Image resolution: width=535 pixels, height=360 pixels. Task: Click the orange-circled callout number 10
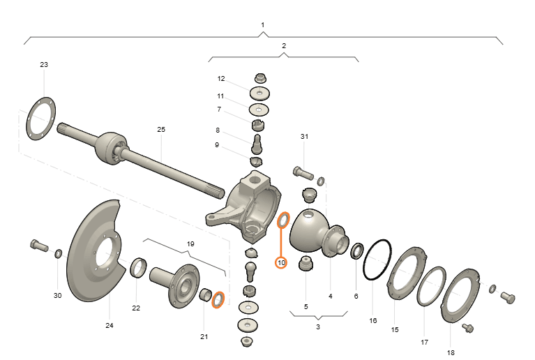[x=281, y=263]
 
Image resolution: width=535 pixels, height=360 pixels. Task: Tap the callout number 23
[x=44, y=64]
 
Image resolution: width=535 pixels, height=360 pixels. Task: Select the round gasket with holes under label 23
[x=41, y=119]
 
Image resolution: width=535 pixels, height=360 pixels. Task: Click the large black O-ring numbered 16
[x=377, y=260]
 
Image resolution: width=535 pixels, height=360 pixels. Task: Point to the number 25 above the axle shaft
[x=161, y=129]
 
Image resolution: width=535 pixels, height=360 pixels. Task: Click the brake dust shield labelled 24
[x=96, y=250]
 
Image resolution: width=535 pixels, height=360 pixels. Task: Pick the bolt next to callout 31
[x=303, y=172]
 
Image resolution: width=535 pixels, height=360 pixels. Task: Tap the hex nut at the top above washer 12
[x=260, y=78]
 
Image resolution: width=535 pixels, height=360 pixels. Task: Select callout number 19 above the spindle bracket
[x=190, y=244]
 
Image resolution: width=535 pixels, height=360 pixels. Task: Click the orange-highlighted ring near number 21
[x=218, y=299]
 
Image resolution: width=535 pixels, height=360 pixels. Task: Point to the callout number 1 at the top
[x=263, y=25]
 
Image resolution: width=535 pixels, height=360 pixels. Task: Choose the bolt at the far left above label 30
[x=39, y=246]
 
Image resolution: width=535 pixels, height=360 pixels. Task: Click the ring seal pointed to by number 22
[x=139, y=268]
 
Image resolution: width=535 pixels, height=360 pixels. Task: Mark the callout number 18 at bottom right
[x=451, y=353]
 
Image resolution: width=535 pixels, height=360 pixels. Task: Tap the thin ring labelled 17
[x=431, y=286]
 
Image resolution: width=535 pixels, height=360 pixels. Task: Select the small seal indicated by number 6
[x=357, y=251]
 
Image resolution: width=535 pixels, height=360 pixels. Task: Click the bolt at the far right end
[x=508, y=297]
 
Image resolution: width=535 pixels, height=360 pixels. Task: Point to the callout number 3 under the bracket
[x=318, y=327]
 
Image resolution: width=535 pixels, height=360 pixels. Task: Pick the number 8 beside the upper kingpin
[x=218, y=130]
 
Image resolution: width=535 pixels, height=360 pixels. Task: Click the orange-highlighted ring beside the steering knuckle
[x=283, y=220]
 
